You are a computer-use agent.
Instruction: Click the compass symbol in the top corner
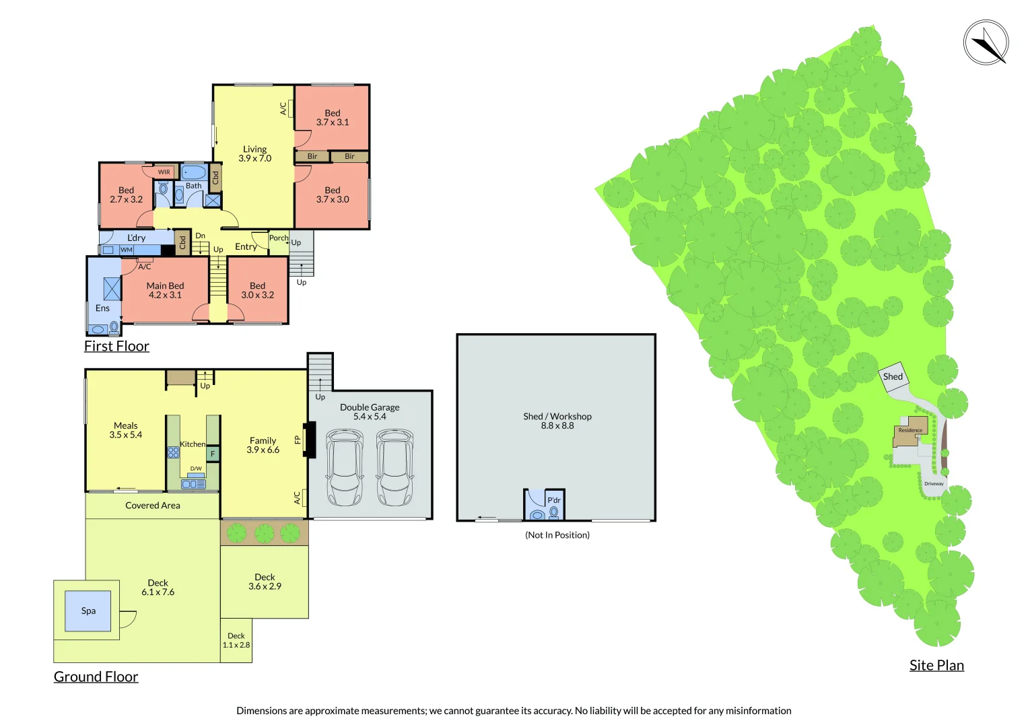(x=986, y=42)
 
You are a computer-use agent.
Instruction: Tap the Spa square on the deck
(x=88, y=611)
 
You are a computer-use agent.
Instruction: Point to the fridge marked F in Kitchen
(x=213, y=454)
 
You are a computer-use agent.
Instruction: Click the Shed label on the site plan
(x=893, y=377)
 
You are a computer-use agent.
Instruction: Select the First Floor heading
(x=116, y=346)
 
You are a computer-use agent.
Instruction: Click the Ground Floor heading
(x=96, y=677)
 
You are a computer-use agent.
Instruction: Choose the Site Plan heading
(x=936, y=665)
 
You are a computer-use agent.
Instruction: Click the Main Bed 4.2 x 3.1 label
(x=165, y=290)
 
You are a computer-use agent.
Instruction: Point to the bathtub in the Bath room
(x=194, y=172)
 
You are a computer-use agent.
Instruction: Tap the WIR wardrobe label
(x=164, y=172)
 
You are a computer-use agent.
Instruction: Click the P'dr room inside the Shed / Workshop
(x=544, y=505)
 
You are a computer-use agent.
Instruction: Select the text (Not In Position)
(x=557, y=535)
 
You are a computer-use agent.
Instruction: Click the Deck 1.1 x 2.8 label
(x=236, y=640)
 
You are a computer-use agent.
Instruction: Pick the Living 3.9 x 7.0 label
(x=254, y=153)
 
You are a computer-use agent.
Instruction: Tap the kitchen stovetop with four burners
(x=173, y=452)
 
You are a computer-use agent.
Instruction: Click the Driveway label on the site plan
(x=934, y=483)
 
